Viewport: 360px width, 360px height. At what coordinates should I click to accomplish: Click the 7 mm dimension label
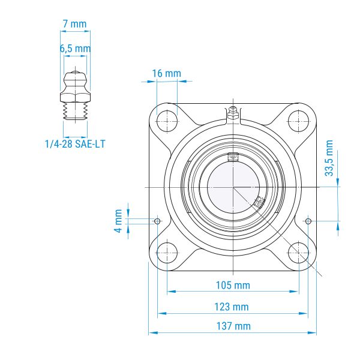75,24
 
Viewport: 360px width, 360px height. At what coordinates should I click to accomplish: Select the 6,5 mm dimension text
76,49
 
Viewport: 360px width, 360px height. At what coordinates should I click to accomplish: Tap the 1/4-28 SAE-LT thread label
75,144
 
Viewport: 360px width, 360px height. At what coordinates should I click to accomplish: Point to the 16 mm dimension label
167,73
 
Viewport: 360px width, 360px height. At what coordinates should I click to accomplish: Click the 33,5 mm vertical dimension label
329,158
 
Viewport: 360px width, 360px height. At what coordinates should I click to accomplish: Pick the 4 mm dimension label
118,221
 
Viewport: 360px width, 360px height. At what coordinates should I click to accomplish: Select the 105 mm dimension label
233,285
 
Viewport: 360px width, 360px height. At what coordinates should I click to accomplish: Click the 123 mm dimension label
232,307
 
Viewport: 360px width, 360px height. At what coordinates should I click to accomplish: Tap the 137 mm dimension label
233,326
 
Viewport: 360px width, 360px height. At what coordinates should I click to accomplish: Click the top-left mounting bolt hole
167,121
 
